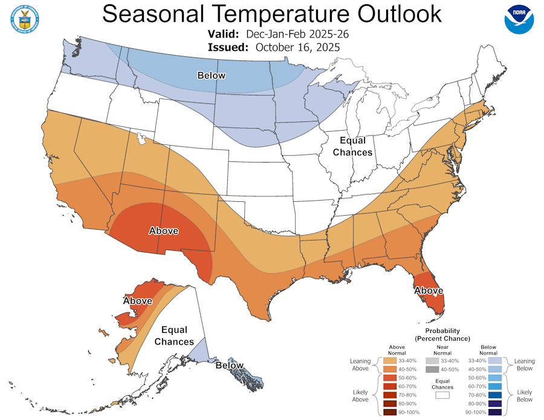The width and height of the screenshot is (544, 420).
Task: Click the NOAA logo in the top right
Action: tap(519, 20)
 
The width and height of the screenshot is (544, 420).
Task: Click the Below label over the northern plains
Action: tap(211, 75)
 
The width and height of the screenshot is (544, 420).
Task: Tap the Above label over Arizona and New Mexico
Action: tap(163, 230)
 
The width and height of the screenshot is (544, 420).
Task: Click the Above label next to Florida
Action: tap(429, 291)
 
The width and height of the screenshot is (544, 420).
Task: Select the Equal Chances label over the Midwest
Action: tap(352, 146)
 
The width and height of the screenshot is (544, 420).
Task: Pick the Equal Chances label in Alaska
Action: tap(174, 336)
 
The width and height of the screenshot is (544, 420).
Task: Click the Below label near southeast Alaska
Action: tap(230, 365)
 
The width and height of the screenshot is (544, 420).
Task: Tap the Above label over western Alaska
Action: tap(138, 300)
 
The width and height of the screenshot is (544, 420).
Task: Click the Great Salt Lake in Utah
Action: tap(142, 140)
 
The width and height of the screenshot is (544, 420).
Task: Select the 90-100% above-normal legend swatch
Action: tap(390, 412)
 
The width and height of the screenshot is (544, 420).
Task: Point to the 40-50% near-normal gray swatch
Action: tap(443, 369)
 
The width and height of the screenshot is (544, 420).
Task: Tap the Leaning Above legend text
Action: tap(360, 364)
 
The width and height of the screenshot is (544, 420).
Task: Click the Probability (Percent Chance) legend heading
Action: tap(442, 335)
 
